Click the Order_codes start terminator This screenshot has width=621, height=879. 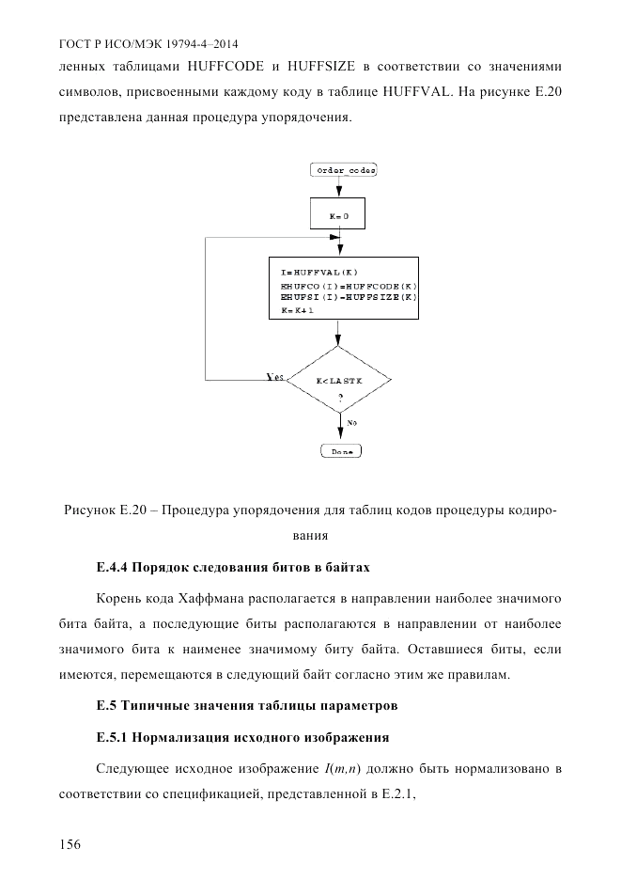[x=343, y=169]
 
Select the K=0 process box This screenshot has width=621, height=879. [x=338, y=216]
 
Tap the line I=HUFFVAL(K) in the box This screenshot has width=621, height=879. [x=319, y=271]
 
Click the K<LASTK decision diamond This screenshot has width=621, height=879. [x=338, y=379]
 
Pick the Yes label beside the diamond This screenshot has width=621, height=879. [x=275, y=376]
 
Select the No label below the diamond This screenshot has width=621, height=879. [x=351, y=423]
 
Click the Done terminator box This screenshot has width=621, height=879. [x=342, y=451]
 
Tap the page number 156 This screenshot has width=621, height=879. [x=70, y=844]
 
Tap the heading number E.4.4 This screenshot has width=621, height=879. [x=113, y=567]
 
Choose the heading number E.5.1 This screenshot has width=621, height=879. [x=113, y=736]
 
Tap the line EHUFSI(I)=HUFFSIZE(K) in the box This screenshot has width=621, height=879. [x=348, y=296]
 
